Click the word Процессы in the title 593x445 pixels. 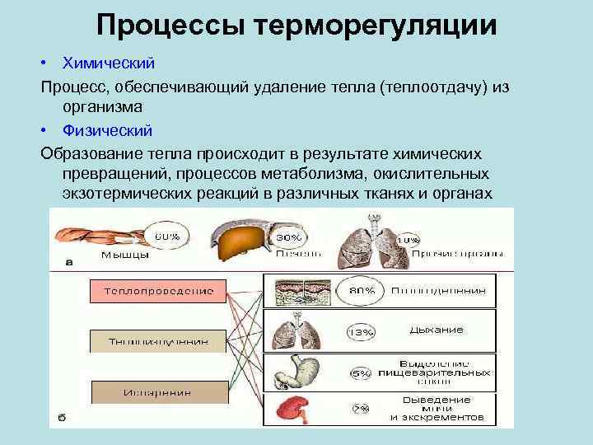point(170,25)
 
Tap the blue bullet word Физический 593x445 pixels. point(107,130)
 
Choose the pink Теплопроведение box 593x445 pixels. point(152,291)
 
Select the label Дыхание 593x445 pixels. point(436,330)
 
